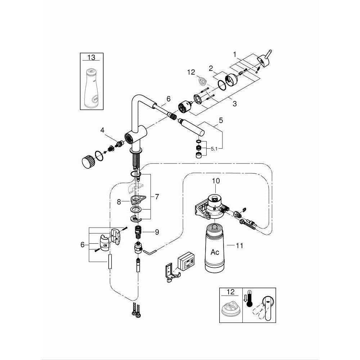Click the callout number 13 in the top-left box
click(x=92, y=58)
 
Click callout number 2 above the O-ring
click(x=212, y=68)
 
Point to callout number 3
click(x=234, y=104)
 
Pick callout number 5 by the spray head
click(x=221, y=120)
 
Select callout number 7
click(x=157, y=197)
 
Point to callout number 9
click(x=157, y=232)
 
